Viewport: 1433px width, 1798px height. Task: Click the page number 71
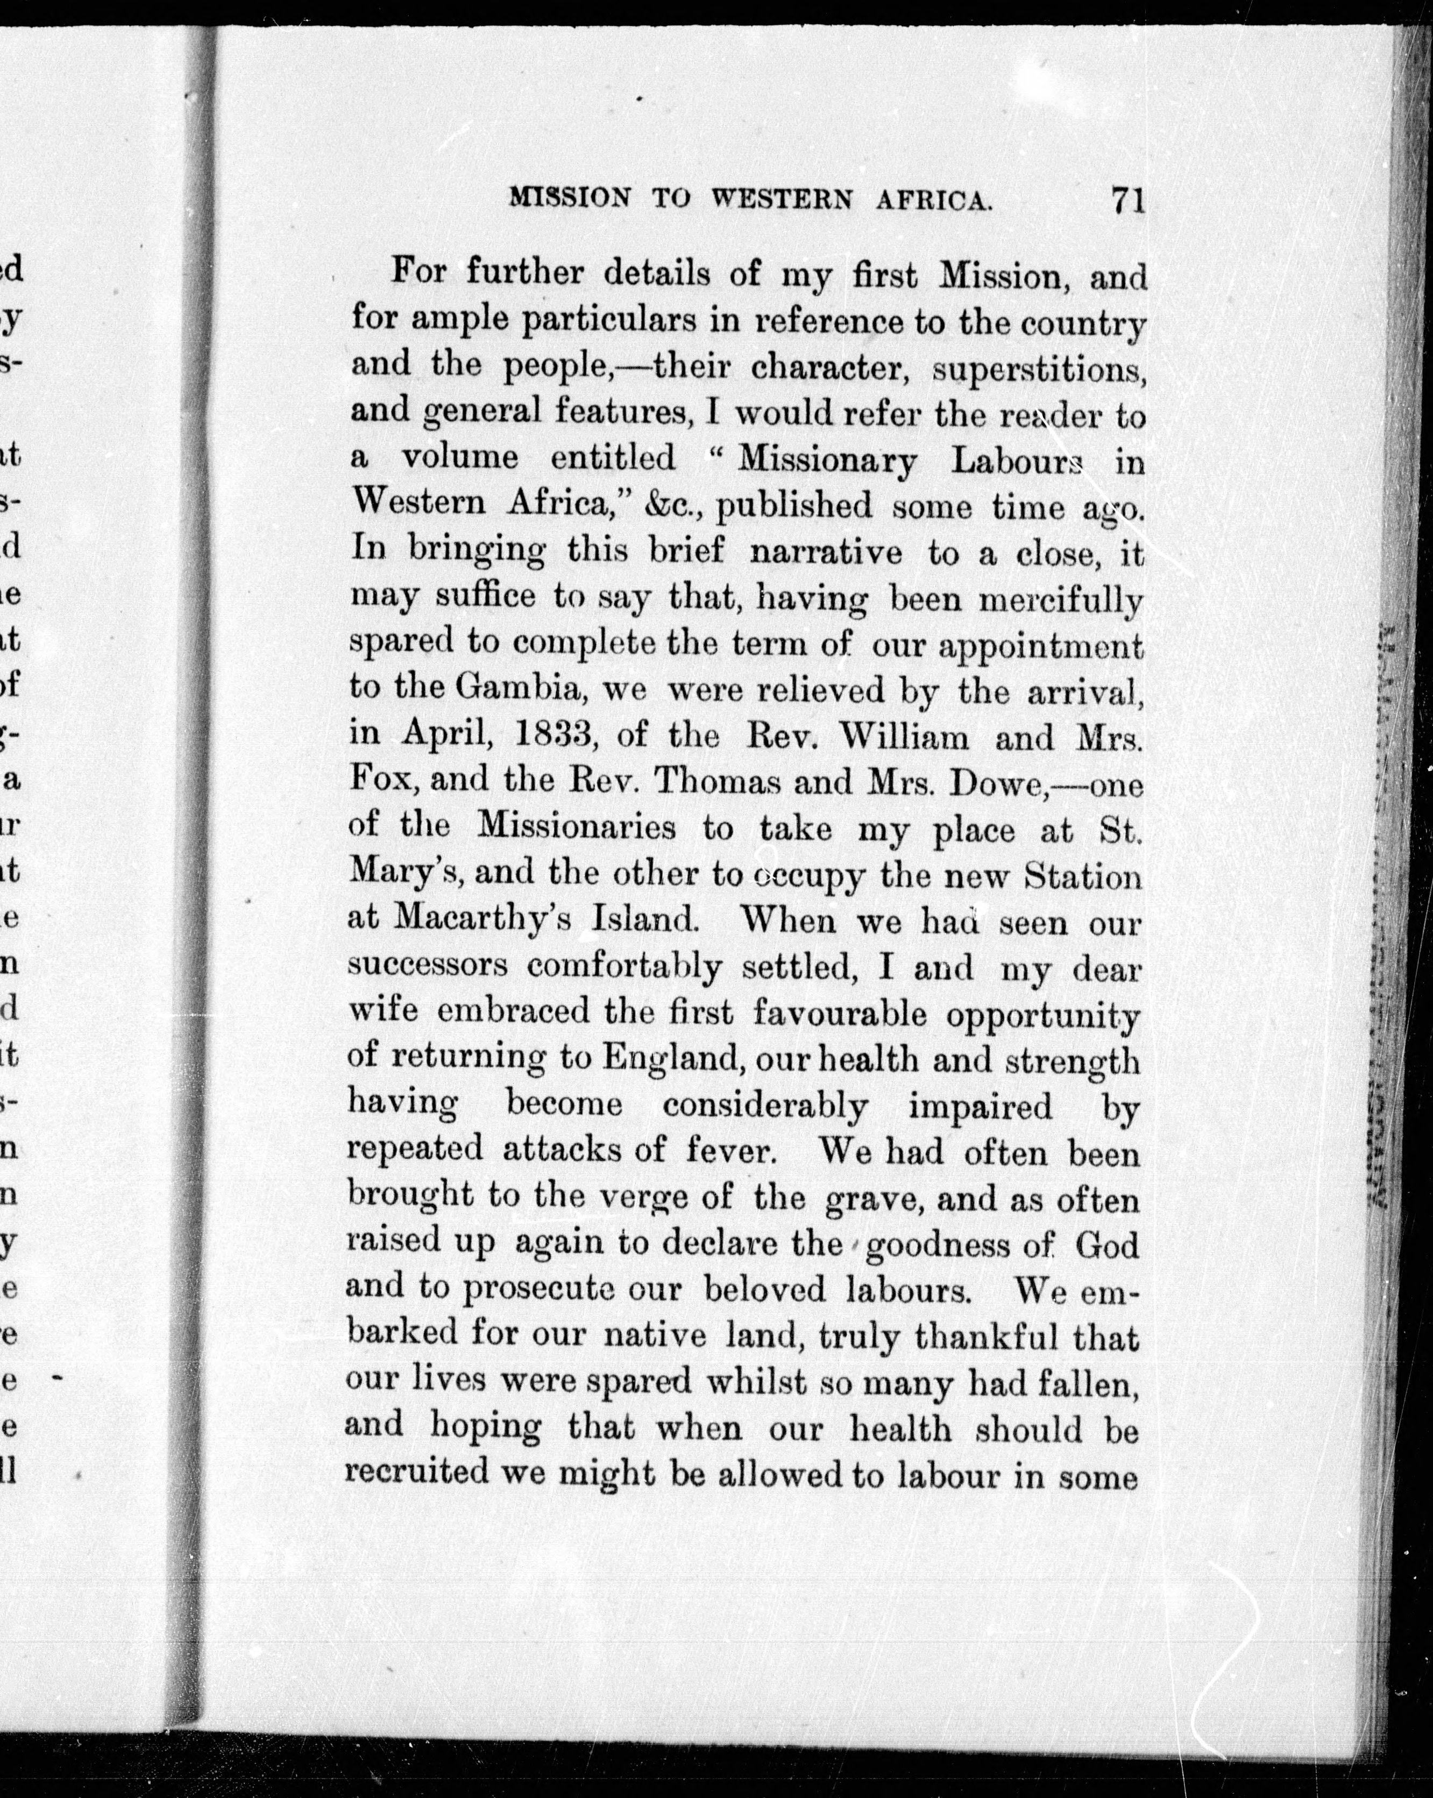click(1126, 203)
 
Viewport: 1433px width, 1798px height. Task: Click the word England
click(668, 1059)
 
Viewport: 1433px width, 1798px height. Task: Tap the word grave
click(874, 1199)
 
